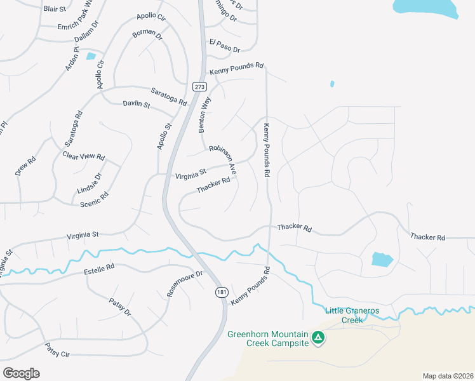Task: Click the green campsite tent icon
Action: pos(318,338)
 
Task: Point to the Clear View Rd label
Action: pos(83,156)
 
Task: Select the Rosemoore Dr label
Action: pos(184,284)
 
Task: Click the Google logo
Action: pos(21,373)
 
